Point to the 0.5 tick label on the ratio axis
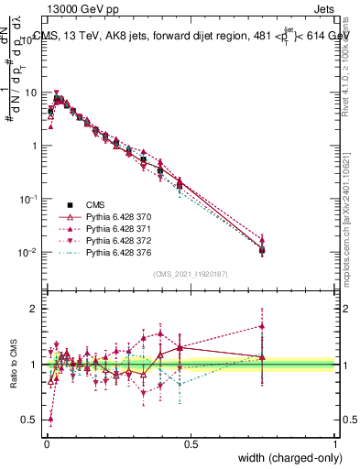31,420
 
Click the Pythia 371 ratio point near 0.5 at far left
49,419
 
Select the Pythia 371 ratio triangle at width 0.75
262,325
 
